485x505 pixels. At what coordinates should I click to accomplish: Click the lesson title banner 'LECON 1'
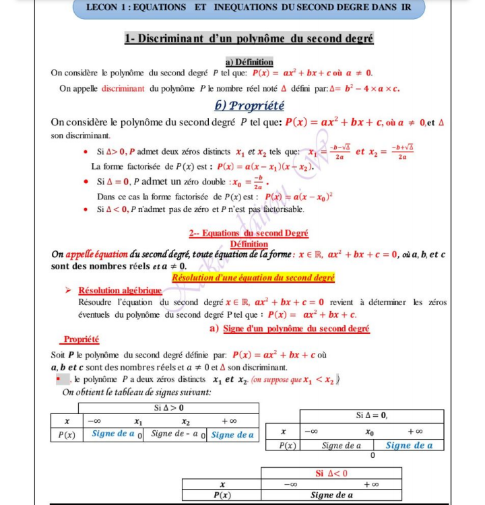(249, 7)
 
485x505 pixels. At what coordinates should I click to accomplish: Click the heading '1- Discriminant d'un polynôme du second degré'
(249, 39)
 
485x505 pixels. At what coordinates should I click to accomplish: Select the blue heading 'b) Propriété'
(249, 106)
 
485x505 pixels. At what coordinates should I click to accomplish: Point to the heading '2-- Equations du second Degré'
(249, 234)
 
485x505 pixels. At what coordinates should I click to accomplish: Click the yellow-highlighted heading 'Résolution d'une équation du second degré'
(253, 277)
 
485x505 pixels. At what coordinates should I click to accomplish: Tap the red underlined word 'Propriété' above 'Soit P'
(82, 339)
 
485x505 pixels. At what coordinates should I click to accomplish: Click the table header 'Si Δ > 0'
(168, 408)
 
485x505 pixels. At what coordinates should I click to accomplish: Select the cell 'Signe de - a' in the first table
(173, 434)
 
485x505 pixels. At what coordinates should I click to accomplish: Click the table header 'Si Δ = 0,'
(372, 415)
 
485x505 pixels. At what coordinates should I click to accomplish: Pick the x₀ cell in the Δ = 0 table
(370, 431)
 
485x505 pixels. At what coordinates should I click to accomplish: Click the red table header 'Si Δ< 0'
(331, 473)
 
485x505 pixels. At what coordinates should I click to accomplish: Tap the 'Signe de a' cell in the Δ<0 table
(331, 495)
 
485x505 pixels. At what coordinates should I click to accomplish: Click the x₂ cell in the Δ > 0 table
(185, 422)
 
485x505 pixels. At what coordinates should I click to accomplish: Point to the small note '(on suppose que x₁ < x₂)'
(294, 380)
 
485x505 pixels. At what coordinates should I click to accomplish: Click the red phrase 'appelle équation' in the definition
(97, 255)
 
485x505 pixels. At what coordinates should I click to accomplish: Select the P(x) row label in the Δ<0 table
(222, 495)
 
